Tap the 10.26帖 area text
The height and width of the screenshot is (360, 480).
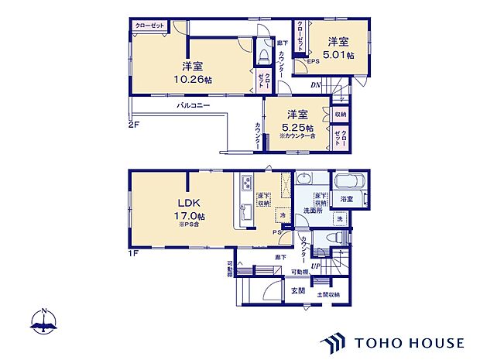[x=188, y=77]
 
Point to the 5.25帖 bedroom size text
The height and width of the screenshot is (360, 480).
[x=297, y=127]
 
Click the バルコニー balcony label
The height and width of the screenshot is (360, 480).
[x=193, y=104]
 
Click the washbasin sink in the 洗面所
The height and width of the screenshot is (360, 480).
[x=305, y=177]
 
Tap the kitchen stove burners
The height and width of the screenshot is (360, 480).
[x=247, y=184]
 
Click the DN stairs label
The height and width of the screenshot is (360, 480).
[x=316, y=84]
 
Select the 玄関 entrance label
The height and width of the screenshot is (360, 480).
[x=297, y=290]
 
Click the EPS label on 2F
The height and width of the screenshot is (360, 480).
[x=314, y=62]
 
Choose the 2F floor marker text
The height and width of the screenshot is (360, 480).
[x=133, y=122]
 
